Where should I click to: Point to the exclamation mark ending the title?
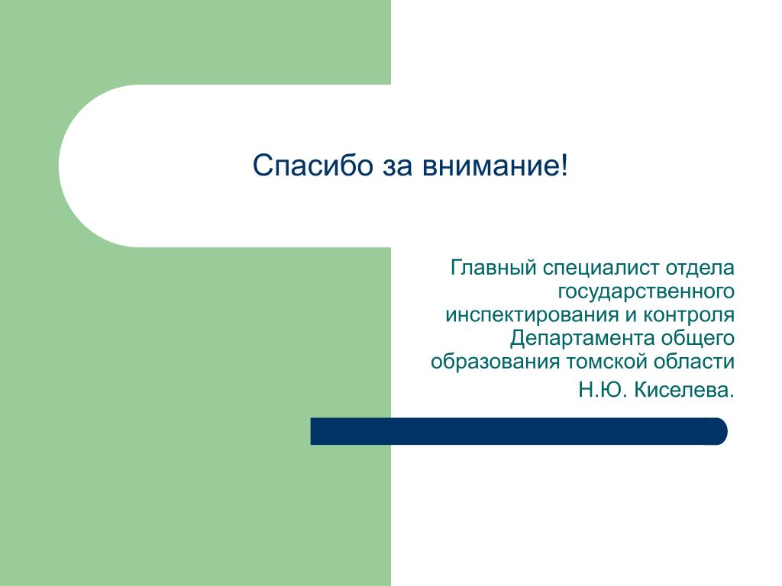pos(564,165)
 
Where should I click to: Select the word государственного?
pos(646,292)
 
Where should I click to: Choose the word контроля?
pos(689,316)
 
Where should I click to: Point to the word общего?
pos(698,339)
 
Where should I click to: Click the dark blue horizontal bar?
pos(519,431)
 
